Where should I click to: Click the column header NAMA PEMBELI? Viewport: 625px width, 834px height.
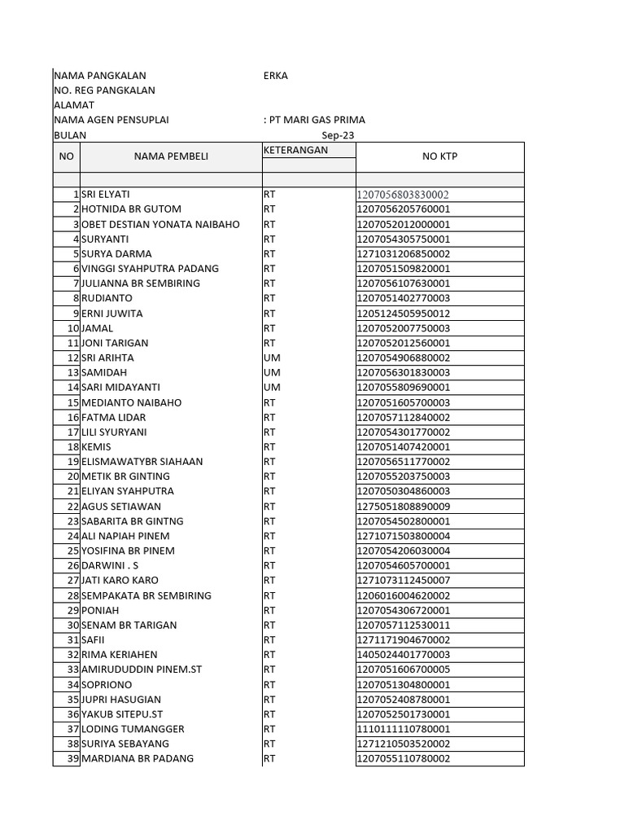pos(171,156)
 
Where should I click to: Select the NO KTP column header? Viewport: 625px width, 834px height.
pos(439,156)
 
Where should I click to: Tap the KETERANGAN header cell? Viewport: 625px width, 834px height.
pos(295,151)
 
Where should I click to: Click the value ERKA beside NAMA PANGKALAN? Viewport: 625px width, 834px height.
pos(275,76)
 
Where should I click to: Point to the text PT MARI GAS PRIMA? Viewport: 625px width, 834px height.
pos(317,120)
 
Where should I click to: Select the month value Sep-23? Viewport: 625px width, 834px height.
pos(338,135)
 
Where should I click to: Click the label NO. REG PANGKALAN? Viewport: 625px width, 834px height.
pos(104,90)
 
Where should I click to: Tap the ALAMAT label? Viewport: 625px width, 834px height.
pos(74,105)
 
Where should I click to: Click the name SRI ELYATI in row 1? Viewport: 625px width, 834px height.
pos(106,195)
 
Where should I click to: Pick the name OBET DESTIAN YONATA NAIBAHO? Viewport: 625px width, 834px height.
pos(160,224)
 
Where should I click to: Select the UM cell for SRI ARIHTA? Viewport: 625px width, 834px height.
pos(272,358)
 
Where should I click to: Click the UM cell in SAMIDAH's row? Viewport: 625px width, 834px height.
pos(272,372)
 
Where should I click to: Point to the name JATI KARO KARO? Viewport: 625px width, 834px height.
pos(120,581)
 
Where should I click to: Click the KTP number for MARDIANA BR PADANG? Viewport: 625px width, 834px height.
pos(403,758)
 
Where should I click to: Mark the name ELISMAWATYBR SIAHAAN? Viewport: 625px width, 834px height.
pos(142,462)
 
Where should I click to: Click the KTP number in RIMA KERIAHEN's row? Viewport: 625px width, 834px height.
pos(403,655)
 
